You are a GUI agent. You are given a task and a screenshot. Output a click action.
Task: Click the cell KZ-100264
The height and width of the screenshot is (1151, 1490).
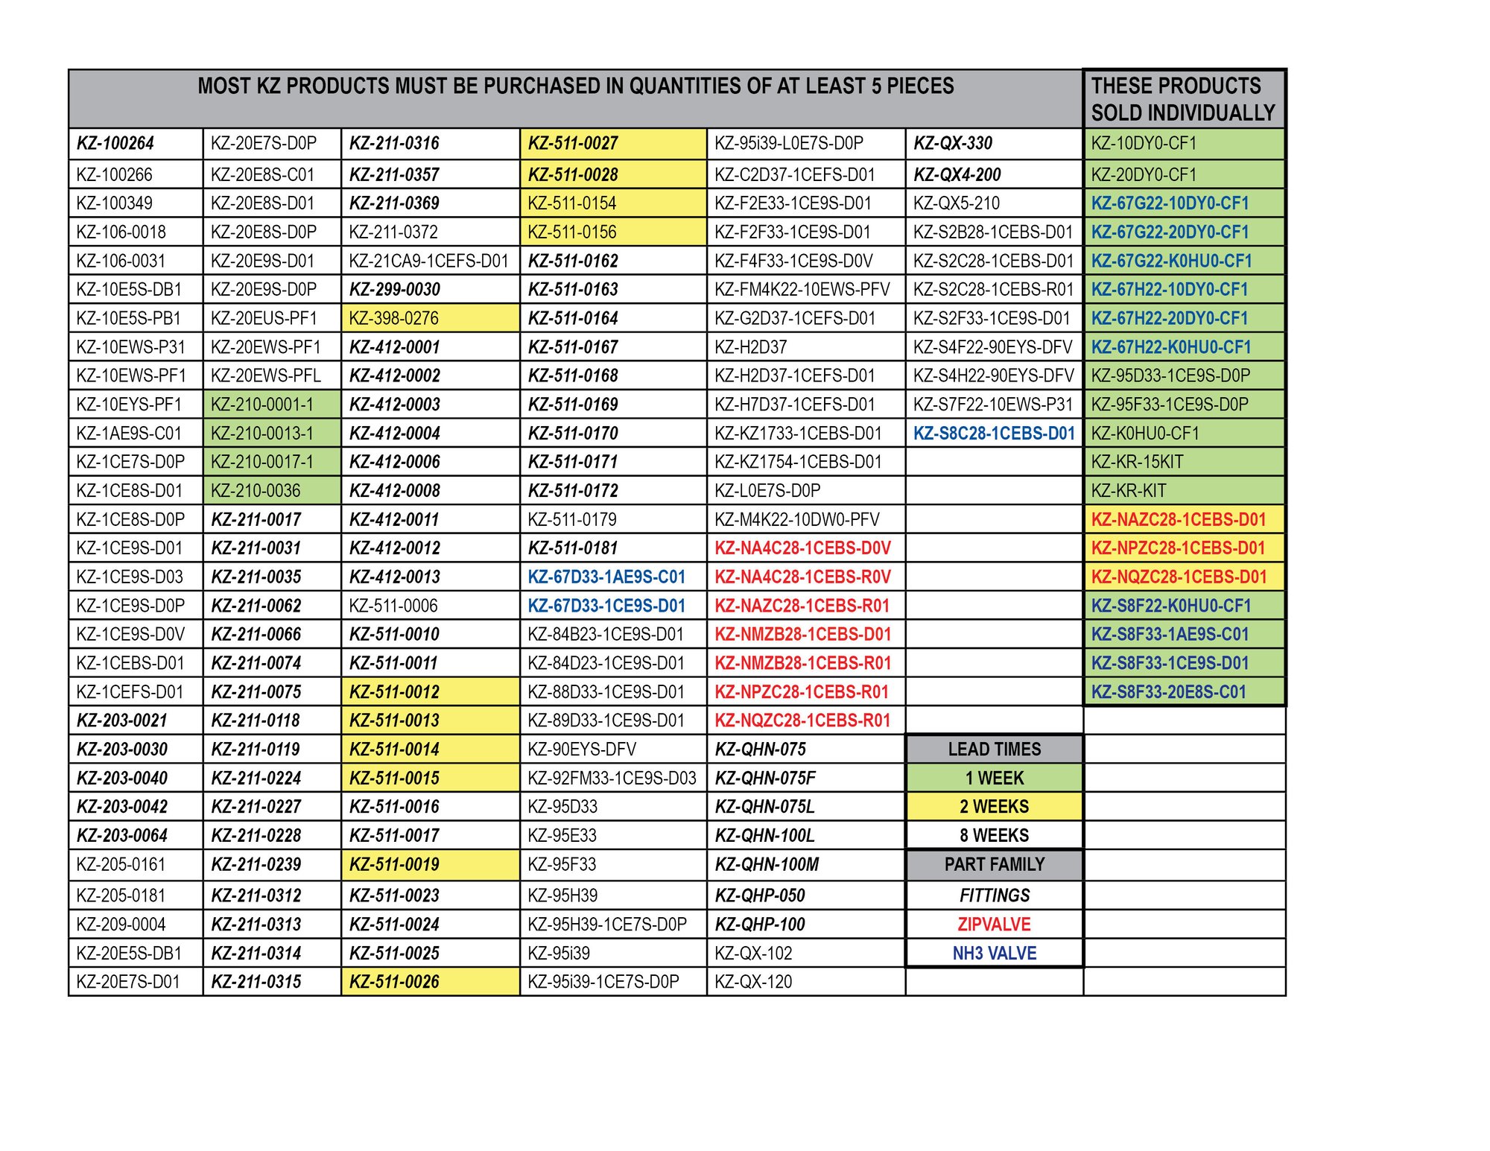point(115,143)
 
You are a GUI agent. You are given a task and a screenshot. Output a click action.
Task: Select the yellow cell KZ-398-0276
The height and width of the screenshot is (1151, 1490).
point(394,318)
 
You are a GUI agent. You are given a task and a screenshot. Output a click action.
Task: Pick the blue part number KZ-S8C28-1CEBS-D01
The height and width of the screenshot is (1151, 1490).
point(994,434)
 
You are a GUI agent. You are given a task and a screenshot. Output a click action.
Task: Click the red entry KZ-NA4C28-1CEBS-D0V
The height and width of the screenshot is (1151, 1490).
point(802,548)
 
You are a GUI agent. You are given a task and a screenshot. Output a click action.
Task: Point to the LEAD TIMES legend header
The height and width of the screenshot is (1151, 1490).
point(994,749)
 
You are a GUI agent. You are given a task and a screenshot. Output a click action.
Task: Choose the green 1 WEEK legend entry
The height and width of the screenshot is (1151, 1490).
point(994,779)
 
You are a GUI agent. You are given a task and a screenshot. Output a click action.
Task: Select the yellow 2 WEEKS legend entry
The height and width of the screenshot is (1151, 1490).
point(994,807)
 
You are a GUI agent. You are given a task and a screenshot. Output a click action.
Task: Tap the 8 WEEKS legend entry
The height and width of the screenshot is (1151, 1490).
point(994,836)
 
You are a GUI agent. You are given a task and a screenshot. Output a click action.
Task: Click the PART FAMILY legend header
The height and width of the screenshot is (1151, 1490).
point(994,865)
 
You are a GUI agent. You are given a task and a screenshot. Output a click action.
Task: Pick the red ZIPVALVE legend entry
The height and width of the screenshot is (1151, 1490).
point(994,925)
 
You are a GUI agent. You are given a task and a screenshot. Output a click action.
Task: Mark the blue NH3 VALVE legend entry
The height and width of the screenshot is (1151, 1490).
point(994,954)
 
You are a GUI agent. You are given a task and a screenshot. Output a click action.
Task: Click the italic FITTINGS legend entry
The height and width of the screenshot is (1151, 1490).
point(994,895)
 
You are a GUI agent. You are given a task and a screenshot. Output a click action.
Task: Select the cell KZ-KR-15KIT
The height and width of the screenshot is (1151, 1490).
point(1137,462)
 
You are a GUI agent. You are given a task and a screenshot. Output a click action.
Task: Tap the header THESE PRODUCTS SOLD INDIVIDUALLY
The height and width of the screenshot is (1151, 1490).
point(1183,99)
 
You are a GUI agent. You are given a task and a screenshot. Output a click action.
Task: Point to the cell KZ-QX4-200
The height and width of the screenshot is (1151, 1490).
point(957,175)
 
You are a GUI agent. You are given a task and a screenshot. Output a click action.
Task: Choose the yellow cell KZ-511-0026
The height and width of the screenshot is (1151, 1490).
point(394,982)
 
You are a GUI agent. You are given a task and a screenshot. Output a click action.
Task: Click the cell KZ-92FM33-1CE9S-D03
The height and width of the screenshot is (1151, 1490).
point(612,779)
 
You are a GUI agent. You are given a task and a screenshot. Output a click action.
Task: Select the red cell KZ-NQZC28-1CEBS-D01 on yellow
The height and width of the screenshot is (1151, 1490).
point(1179,577)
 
